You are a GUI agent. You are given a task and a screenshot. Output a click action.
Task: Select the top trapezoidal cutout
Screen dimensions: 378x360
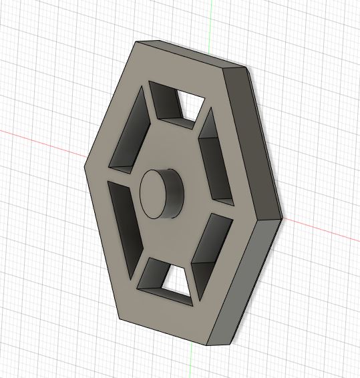click(x=175, y=104)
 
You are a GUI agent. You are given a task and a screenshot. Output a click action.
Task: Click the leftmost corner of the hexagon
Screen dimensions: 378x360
click(x=86, y=165)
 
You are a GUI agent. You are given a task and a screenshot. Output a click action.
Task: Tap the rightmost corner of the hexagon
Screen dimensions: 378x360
click(x=282, y=218)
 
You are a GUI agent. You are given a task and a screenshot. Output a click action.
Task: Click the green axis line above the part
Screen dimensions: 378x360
click(x=210, y=20)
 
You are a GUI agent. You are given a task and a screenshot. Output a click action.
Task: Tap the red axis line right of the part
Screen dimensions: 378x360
click(x=321, y=230)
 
